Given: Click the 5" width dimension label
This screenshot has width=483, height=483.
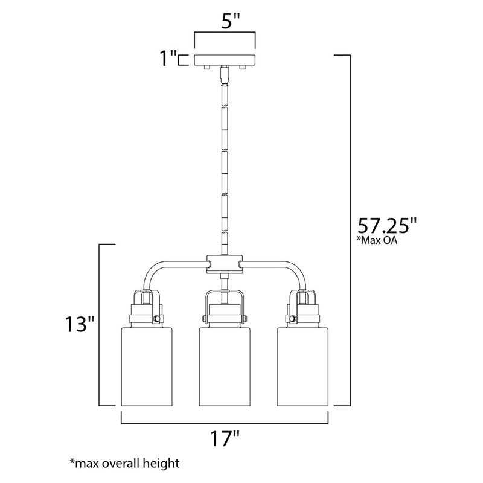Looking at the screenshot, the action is pos(231,21).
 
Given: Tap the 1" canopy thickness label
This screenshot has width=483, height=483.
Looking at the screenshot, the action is pos(168,59).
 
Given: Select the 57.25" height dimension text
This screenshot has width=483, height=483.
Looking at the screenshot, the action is pos(387,226).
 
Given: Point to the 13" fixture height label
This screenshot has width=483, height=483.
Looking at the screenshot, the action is pos(79,324).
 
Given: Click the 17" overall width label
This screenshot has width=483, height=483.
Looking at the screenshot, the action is pos(225,438).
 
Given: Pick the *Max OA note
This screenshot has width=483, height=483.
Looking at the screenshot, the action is pos(377,240).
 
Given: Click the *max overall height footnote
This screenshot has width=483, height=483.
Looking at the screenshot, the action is pos(124,463).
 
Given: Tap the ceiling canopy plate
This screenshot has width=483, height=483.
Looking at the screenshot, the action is pos(225,60).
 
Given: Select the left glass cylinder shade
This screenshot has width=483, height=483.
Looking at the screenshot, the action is pos(147,366).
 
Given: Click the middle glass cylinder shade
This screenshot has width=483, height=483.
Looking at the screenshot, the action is pos(225,366).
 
